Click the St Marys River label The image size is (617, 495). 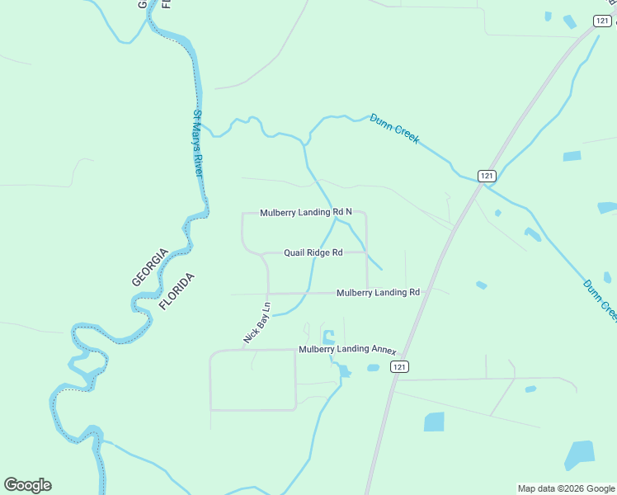198,143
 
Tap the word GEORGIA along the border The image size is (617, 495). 150,266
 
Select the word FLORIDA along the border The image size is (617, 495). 178,290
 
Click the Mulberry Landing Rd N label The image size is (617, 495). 306,212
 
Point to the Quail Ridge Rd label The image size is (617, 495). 313,252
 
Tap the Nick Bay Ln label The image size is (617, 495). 257,323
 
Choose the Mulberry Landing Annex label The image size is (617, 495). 347,349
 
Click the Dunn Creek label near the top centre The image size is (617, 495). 394,129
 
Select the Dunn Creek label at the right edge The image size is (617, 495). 600,299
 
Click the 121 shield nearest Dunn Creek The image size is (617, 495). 487,176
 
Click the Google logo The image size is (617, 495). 27,485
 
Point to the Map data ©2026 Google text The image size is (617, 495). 565,488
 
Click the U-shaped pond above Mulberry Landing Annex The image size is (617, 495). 329,337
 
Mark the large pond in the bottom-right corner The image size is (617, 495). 580,455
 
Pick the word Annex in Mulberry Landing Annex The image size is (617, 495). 384,349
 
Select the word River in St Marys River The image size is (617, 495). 198,163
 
